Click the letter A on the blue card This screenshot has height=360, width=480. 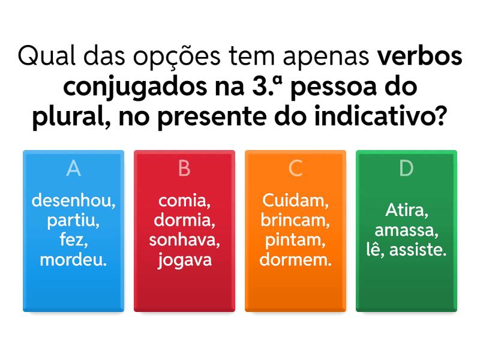click(73, 168)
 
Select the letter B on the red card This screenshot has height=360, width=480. click(184, 168)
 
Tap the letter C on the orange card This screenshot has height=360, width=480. click(295, 168)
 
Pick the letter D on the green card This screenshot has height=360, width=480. click(406, 168)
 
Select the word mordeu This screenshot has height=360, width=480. click(73, 260)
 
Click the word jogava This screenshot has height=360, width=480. click(185, 260)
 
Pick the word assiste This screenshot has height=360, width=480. click(418, 250)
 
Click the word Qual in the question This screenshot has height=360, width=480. click(47, 56)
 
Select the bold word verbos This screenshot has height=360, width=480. click(419, 56)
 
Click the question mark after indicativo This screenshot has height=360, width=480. click(441, 116)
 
